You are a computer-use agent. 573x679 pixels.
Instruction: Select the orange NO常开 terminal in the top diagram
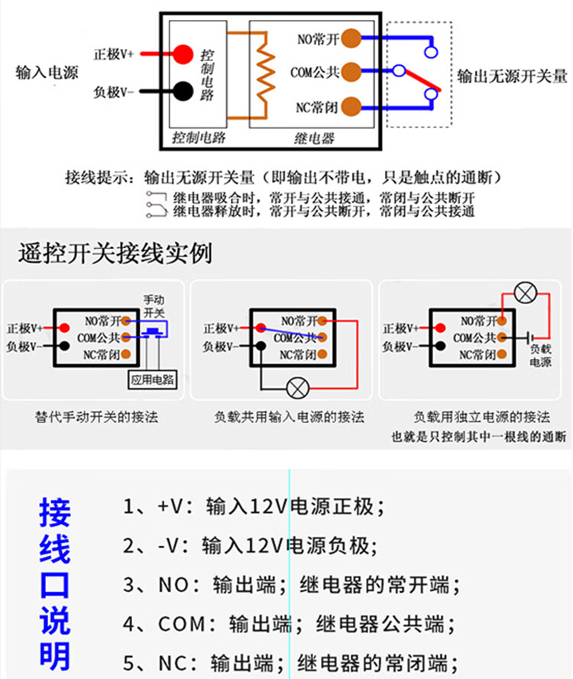click(351, 37)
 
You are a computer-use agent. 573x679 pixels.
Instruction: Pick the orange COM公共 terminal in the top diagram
click(351, 72)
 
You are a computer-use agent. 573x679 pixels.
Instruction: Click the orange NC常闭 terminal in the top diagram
click(351, 105)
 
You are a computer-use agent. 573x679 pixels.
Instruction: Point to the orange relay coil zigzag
click(264, 73)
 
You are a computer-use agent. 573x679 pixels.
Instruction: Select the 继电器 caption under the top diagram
click(314, 138)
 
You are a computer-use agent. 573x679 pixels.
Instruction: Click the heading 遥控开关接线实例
click(115, 253)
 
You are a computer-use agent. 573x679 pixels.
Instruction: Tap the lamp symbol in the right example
click(525, 292)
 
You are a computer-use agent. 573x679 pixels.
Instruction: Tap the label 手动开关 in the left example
click(154, 306)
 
